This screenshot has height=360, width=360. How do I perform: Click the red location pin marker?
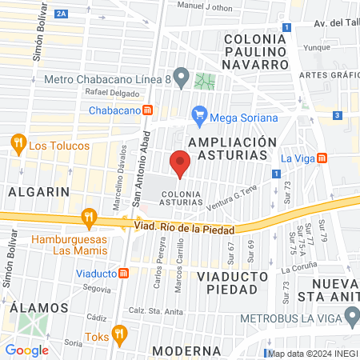click(x=180, y=165)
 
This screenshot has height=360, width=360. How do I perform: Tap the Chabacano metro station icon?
click(x=147, y=110)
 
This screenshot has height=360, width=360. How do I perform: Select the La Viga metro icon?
click(x=322, y=158)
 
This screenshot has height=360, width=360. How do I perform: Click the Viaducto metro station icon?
click(x=124, y=273)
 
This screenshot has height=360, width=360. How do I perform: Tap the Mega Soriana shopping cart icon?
click(x=199, y=118)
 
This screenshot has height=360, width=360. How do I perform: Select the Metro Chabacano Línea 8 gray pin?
click(x=182, y=78)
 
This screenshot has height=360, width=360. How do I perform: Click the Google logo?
click(x=27, y=350)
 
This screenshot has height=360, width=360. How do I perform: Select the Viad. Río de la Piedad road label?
click(x=177, y=226)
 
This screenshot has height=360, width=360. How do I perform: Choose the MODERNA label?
click(x=181, y=350)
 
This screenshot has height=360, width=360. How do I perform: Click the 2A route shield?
click(x=62, y=14)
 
